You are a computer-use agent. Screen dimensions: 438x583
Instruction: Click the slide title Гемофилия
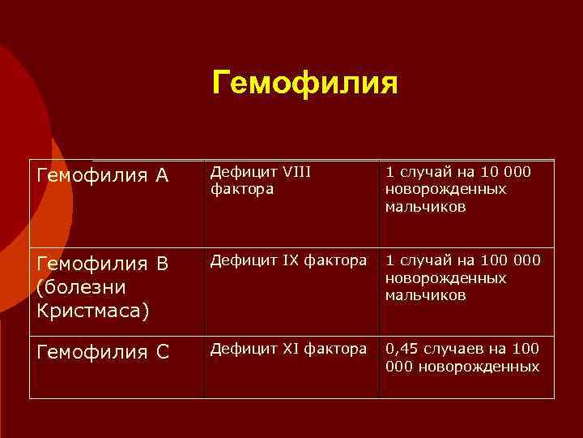pos(305,81)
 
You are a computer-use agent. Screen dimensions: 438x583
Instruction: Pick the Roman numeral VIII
pos(296,171)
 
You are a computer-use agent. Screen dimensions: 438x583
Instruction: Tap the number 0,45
pos(403,349)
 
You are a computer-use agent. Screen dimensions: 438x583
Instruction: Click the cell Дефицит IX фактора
pos(288,260)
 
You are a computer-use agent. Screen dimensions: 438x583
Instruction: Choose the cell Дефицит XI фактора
pos(288,349)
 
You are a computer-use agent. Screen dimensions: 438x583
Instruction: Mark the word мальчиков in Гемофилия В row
pos(425,295)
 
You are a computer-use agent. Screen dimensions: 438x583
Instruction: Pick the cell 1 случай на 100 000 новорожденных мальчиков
pos(462,278)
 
